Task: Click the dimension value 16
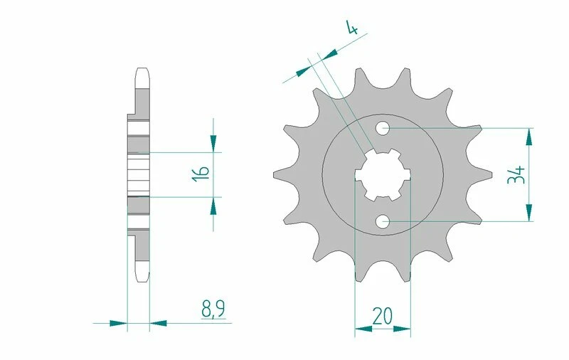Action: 201,174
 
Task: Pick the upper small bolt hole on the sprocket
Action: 383,129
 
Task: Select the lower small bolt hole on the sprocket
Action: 383,221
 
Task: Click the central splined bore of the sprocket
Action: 383,175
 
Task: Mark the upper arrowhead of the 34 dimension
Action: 528,135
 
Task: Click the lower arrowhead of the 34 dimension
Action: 528,214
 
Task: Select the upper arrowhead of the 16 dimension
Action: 213,145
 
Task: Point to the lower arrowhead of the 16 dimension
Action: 213,204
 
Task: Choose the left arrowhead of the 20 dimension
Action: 361,329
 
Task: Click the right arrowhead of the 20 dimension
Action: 404,329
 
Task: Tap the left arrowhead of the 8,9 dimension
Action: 119,323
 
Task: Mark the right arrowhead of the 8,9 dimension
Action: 158,323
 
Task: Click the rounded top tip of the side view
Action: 141,70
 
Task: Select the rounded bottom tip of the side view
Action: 141,276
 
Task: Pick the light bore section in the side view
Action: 139,175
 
